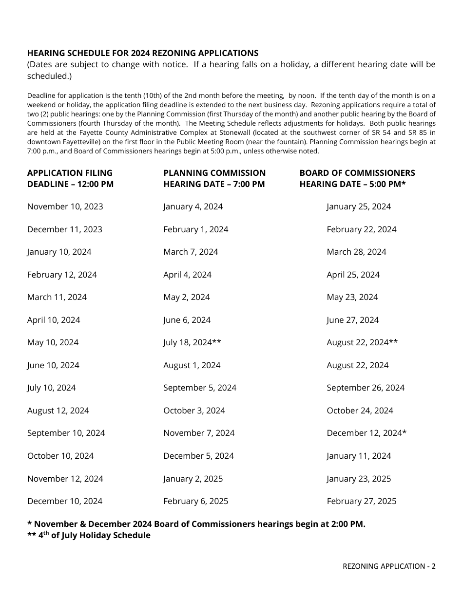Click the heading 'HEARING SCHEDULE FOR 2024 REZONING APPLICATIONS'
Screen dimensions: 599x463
coord(143,53)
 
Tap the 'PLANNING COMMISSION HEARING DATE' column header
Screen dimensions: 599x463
coord(214,178)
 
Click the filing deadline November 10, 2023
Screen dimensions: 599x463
coord(65,206)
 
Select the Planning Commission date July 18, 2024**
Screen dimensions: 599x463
coord(192,342)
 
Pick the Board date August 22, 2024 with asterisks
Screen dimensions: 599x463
coord(362,342)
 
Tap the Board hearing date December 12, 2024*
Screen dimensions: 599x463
coord(367,433)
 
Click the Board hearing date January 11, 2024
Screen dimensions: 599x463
coord(359,456)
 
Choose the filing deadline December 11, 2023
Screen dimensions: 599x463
coord(65,229)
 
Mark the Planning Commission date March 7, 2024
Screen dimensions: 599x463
coord(191,252)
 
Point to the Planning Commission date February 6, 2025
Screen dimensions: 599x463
coord(195,501)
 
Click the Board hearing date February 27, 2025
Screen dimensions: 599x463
coord(362,501)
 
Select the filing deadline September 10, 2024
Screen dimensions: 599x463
coord(66,433)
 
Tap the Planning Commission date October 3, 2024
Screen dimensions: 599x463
coord(194,411)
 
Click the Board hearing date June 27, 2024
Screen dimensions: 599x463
coord(352,320)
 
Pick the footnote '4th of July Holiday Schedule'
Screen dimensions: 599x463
coord(89,535)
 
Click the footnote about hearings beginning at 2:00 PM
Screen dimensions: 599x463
coord(196,524)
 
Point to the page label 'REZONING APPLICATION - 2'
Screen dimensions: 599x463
coord(389,566)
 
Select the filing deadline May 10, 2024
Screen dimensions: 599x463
coord(53,342)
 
